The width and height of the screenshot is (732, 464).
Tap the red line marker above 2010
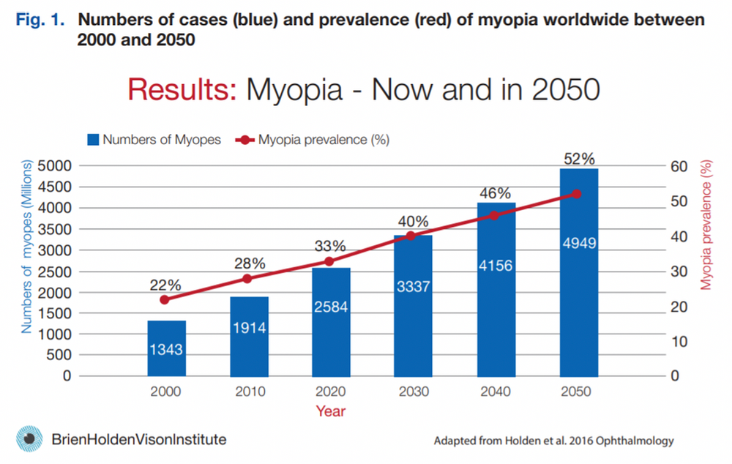(247, 279)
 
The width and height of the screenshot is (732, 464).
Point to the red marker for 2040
(493, 215)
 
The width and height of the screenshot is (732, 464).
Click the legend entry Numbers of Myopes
(154, 140)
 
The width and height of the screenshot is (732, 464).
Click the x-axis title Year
(331, 412)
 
